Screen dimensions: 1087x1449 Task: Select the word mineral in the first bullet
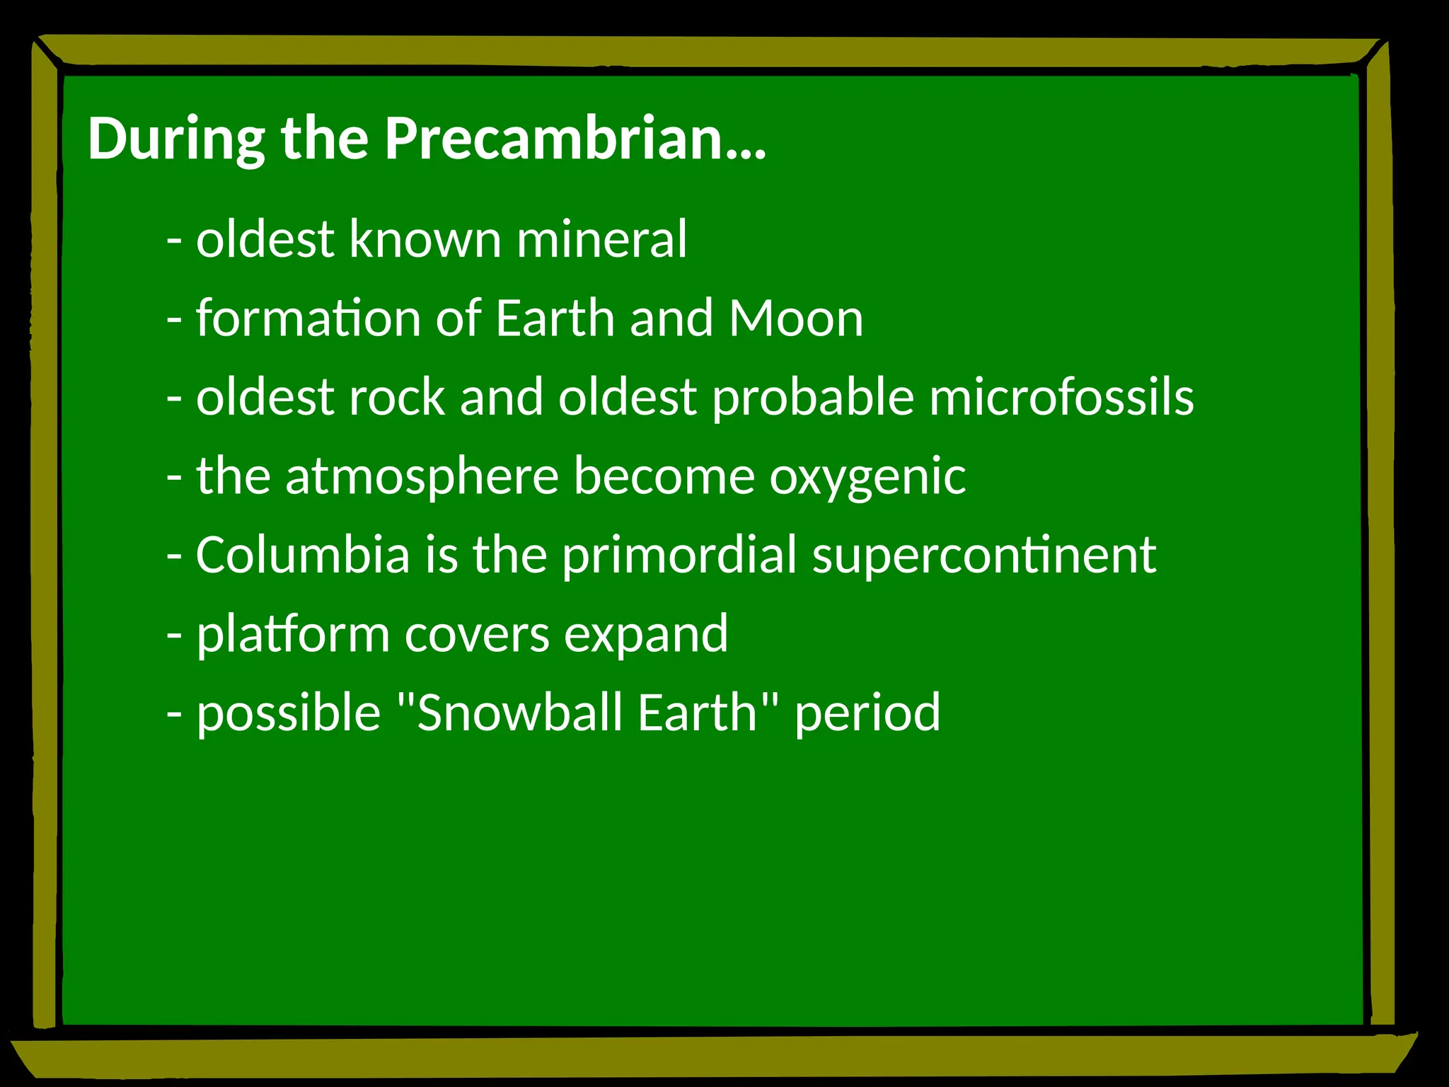click(601, 239)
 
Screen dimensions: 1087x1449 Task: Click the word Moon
click(796, 318)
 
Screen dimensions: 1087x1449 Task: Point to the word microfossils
click(1061, 397)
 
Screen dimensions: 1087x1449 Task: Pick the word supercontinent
click(984, 556)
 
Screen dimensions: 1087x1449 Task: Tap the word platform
click(292, 635)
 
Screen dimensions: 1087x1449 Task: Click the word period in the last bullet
click(867, 714)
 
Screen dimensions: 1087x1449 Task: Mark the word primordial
click(679, 556)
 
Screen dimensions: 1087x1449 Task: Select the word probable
click(813, 398)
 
